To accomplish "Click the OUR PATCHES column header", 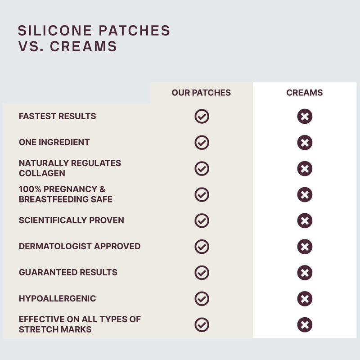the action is click(201, 93).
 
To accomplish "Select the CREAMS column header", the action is click(305, 93).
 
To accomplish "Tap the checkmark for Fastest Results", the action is click(202, 117).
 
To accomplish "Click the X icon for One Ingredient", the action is click(305, 143).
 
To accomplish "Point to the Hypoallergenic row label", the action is click(58, 298).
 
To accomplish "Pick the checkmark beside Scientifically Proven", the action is click(202, 220).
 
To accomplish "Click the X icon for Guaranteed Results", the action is click(305, 273).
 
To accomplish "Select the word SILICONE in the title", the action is click(55, 31).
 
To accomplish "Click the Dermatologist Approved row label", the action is click(80, 246).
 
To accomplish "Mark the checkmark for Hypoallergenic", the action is click(202, 299).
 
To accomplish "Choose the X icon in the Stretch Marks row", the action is click(305, 325).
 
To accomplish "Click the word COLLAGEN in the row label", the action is click(42, 173).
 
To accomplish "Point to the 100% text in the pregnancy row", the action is click(30, 189).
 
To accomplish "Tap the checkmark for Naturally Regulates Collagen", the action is click(202, 168).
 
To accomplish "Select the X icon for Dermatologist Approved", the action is click(305, 247).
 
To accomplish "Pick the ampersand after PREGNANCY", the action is click(103, 189).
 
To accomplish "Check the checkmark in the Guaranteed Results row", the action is click(202, 273).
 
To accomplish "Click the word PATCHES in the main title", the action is click(135, 31).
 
